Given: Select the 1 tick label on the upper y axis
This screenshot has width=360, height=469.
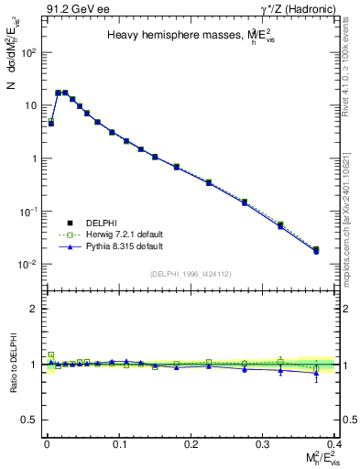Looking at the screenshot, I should coord(32,158).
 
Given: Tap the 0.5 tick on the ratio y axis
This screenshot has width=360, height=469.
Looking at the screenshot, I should coord(28,420).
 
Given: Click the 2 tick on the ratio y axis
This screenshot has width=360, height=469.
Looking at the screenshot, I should coord(32,309).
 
